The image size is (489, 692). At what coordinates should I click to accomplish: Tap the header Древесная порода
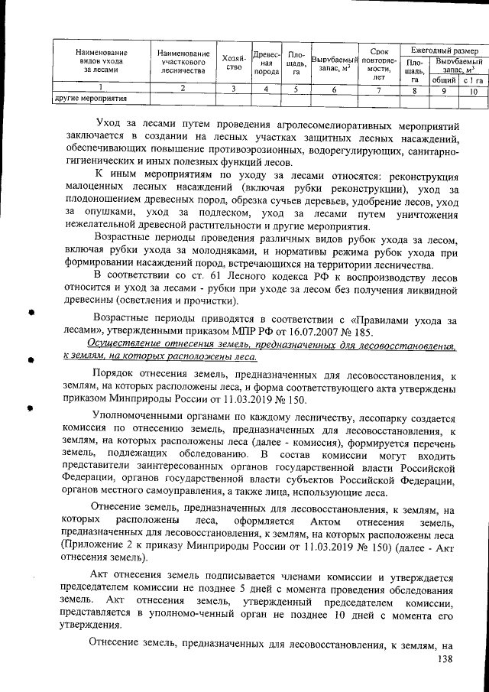(x=266, y=62)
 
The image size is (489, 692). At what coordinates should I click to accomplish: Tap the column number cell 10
(x=473, y=90)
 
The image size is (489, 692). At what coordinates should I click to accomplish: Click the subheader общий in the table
(x=444, y=80)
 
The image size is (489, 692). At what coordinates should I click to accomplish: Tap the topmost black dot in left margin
(x=32, y=312)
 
